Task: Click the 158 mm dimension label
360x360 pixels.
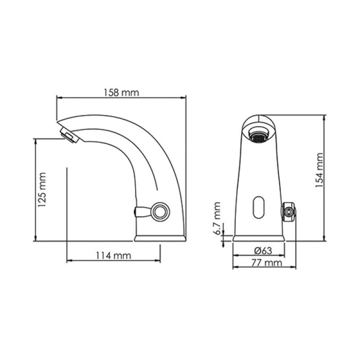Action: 121,93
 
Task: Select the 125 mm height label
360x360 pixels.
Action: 42,189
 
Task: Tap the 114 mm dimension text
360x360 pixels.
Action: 113,255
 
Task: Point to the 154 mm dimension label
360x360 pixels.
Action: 319,170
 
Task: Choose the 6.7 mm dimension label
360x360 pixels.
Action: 217,218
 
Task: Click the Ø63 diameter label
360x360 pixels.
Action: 263,251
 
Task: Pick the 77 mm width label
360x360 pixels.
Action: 266,263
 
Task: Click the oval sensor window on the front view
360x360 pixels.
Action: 258,207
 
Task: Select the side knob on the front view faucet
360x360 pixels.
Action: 288,211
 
